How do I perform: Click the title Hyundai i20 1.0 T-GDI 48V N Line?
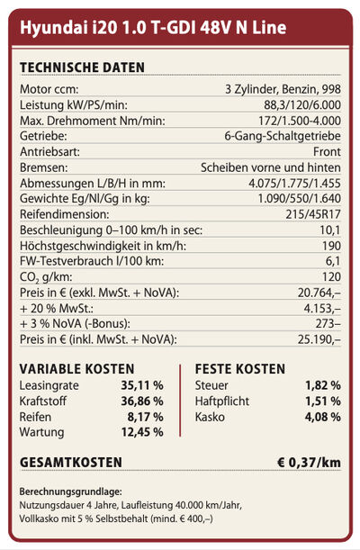(153, 28)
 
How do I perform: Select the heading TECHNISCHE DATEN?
(82, 68)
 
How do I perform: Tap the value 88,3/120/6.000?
(302, 105)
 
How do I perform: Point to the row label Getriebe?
(43, 136)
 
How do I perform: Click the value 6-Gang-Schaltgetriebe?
(283, 136)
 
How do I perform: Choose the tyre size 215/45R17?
(313, 214)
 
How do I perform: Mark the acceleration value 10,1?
(330, 230)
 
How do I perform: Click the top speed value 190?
(331, 246)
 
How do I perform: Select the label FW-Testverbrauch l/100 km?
(92, 261)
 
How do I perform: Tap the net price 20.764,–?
(319, 293)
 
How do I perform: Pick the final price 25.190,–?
(319, 339)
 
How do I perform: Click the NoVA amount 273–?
(328, 324)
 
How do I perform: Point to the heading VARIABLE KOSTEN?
(76, 369)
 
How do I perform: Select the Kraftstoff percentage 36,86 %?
(142, 401)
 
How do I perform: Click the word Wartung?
(41, 432)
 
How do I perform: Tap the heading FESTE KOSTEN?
(240, 369)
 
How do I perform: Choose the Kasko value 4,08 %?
(322, 417)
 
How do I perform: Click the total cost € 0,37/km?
(309, 463)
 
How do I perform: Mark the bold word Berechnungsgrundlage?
(71, 491)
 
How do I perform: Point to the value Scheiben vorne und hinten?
(271, 167)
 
